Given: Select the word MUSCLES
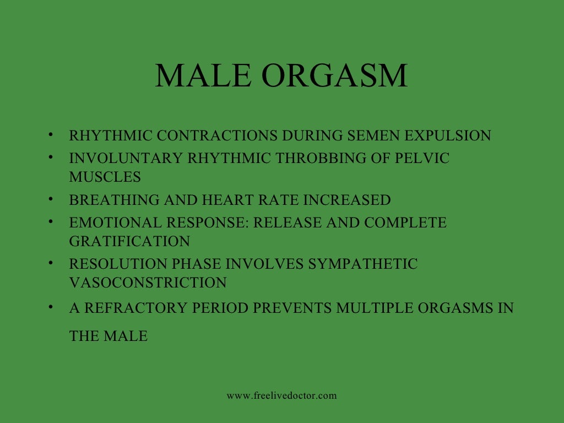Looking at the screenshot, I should coord(105,177).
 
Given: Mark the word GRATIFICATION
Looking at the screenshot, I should coord(129,241).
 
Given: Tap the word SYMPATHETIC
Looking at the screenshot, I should coord(363,264).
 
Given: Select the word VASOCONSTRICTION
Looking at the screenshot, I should coord(148,283).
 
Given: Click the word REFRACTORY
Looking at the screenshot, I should coord(135,308).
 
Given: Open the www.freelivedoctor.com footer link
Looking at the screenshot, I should coord(281,395).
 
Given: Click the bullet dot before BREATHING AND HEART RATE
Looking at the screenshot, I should coord(50,199).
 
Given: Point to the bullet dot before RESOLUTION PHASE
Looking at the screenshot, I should coord(50,263).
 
